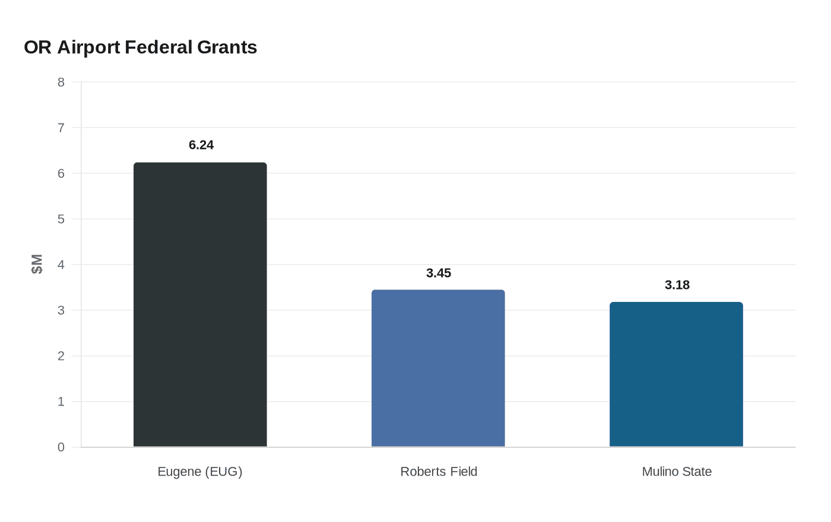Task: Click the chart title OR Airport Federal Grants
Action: [x=141, y=47]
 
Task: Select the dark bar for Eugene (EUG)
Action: [x=200, y=304]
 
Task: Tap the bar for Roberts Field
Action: [x=438, y=368]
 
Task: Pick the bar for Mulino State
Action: [x=676, y=374]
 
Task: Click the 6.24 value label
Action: [x=201, y=145]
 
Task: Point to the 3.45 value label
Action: [x=439, y=273]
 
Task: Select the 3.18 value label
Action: [x=677, y=285]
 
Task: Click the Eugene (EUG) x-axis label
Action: [x=200, y=472]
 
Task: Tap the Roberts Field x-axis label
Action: [x=439, y=472]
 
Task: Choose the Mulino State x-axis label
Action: [x=677, y=472]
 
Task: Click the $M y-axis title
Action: [x=37, y=264]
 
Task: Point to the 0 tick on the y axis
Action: [x=61, y=447]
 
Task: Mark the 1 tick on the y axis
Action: [x=61, y=402]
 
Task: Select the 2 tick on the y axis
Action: [x=61, y=356]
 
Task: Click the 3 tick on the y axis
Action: [x=61, y=310]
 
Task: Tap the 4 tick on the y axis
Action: [x=61, y=265]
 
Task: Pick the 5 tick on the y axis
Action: [x=61, y=219]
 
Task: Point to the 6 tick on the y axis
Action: [x=61, y=173]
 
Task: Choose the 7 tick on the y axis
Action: [x=61, y=128]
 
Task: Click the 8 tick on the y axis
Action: [x=61, y=82]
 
